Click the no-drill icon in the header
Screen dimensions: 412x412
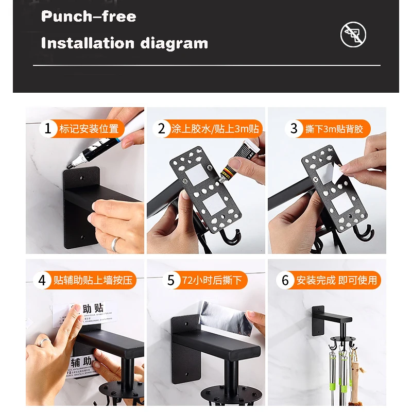353,35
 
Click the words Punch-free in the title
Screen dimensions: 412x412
89,16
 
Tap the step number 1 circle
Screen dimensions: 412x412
48,128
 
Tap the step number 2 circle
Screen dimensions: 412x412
161,128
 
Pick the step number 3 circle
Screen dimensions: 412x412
294,128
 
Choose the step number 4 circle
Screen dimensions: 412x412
42,281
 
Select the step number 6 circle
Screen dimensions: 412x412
285,281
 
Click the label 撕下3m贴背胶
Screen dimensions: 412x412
334,129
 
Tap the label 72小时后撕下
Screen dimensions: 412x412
211,281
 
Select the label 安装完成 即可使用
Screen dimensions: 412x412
337,281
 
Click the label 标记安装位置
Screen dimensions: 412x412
89,129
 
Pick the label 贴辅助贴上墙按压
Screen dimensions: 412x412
93,281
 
